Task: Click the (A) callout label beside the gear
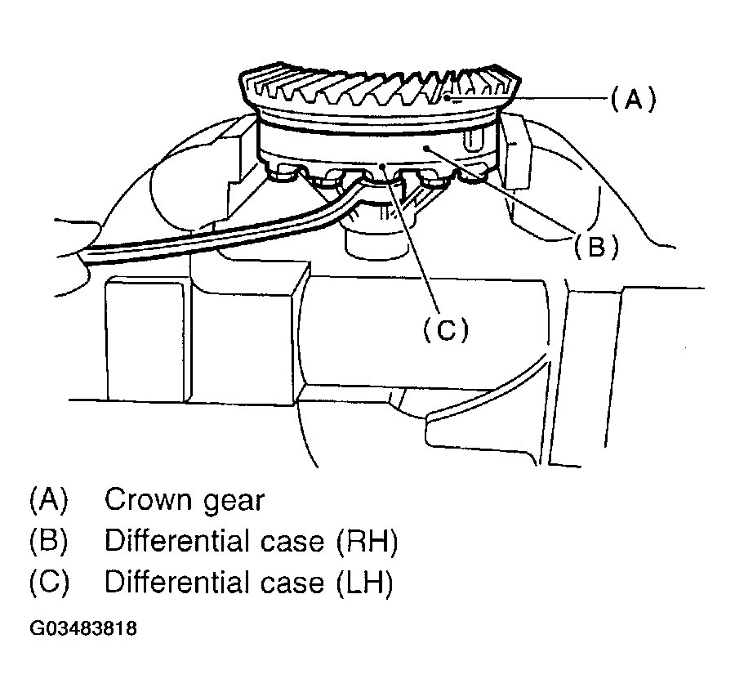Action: coord(633,99)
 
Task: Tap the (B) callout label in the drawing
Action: coord(596,246)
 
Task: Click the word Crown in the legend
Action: coord(147,500)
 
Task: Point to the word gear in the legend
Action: coord(234,503)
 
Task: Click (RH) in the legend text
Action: coord(367,541)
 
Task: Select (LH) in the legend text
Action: coord(365,583)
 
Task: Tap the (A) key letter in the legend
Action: coord(49,499)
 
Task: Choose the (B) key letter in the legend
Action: coord(49,541)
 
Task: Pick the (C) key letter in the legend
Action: coord(49,583)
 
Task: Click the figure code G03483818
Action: coord(83,628)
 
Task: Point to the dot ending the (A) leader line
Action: coord(448,98)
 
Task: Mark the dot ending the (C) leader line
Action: coord(383,166)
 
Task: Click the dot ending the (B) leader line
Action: coord(426,149)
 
